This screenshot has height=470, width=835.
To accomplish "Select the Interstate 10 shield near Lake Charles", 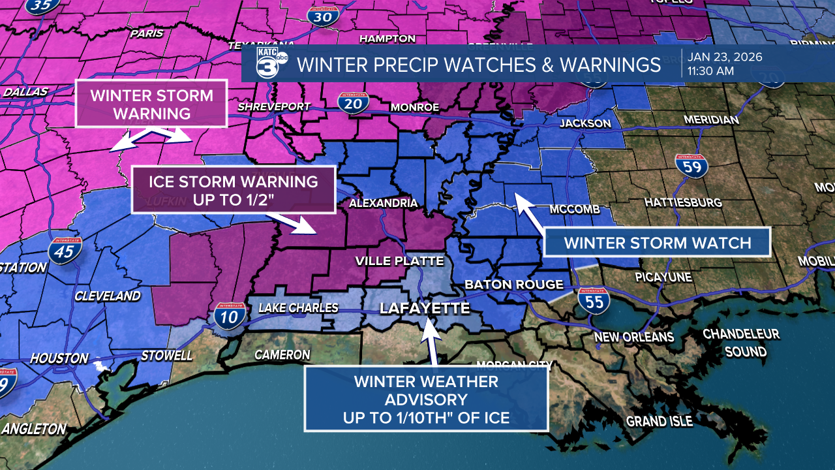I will tap(230, 316).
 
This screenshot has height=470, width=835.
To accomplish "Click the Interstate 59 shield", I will tap(691, 167).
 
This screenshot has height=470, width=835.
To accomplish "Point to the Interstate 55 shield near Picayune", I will tap(593, 301).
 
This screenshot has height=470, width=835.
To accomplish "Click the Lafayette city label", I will tap(425, 308).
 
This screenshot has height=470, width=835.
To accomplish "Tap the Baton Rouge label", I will tap(513, 285).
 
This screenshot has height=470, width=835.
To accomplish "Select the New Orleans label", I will tap(633, 337).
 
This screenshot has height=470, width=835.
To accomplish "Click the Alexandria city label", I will tap(383, 203).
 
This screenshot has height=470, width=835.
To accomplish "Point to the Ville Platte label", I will tap(399, 261).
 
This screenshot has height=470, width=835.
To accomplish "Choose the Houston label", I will tap(59, 358).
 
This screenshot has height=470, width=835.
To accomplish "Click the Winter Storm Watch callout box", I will tap(658, 243).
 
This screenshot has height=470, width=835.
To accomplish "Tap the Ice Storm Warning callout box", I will tap(234, 189).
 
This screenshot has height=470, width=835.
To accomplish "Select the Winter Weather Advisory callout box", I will tap(426, 399).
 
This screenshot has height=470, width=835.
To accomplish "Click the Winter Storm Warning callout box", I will tap(151, 104).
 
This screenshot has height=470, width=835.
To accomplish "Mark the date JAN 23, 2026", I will tap(724, 57).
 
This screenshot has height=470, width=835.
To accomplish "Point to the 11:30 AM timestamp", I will tap(710, 71).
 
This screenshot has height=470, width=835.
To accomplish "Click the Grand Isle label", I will tap(659, 421).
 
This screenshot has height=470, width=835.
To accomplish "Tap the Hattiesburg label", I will tap(683, 202).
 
